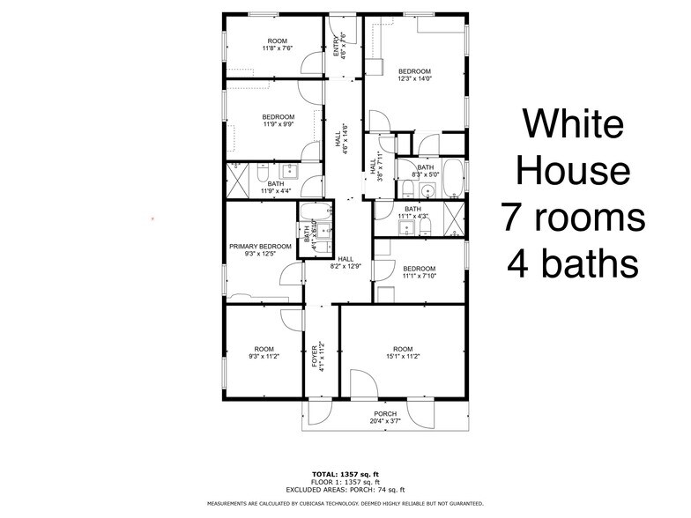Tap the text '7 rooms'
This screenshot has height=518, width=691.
pos(574,215)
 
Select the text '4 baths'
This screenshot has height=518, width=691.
pos(574,262)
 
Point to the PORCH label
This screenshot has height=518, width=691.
pos(384,414)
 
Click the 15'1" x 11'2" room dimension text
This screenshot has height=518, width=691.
pos(402,356)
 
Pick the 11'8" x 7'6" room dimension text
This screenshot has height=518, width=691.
pos(278,48)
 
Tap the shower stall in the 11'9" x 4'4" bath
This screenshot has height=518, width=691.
pos(237,180)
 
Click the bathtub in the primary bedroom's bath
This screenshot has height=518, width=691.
pos(316,211)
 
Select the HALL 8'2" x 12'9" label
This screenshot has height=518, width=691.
pos(346,263)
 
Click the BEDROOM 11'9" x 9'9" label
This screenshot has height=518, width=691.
pos(278,120)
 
